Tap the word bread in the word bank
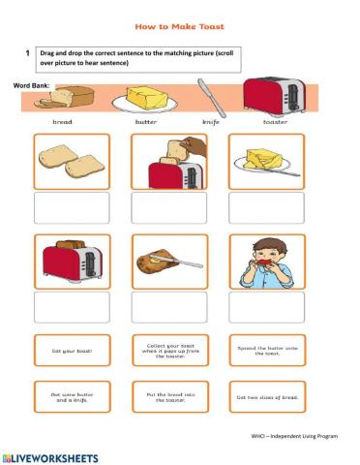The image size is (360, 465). [62, 123]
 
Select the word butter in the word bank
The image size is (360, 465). [147, 123]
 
